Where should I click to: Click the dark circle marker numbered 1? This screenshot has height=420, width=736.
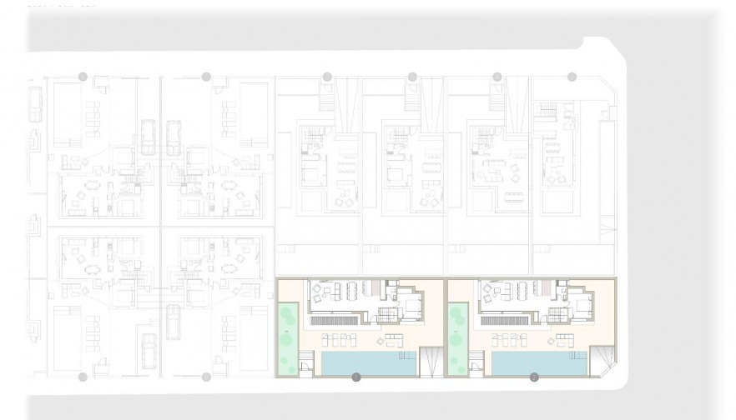356,377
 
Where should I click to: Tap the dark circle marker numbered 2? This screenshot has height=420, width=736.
534,377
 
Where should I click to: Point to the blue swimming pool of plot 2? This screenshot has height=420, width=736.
534,362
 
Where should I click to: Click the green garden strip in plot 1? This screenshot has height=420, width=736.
288,337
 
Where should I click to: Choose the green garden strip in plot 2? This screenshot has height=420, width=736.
457,337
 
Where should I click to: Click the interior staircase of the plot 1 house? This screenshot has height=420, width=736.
386,315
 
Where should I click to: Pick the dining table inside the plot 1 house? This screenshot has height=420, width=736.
349,291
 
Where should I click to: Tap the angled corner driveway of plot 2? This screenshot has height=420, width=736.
603,360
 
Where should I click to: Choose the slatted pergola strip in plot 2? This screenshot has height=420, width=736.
504,319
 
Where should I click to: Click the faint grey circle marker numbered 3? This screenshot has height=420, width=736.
327,77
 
